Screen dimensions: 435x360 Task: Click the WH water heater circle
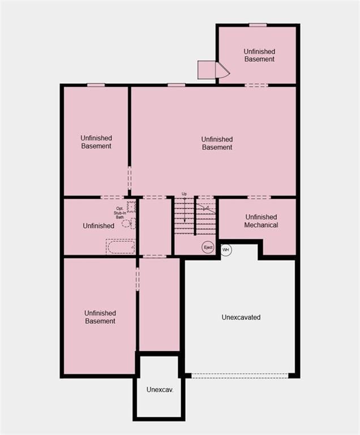(x=226, y=250)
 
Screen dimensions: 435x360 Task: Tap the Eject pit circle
(x=208, y=247)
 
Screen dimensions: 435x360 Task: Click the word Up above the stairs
(x=184, y=194)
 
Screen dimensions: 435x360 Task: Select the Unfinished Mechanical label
(x=261, y=221)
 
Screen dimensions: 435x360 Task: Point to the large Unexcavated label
(x=241, y=317)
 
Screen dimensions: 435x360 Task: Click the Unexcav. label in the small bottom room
(x=159, y=390)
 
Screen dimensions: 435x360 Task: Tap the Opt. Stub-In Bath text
(x=119, y=212)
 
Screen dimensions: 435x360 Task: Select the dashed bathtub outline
(x=121, y=246)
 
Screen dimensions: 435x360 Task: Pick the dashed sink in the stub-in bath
(x=131, y=207)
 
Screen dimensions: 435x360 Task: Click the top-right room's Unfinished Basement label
(x=259, y=55)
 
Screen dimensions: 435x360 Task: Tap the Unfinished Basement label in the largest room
(x=217, y=143)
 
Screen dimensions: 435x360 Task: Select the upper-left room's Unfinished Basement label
(x=96, y=142)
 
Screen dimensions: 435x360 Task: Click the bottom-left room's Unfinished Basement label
(x=100, y=317)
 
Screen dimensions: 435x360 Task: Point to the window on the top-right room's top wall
(x=258, y=25)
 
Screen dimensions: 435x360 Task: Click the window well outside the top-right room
(x=213, y=70)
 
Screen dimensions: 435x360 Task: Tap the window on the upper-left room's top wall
(x=96, y=85)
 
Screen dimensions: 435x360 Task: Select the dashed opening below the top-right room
(x=256, y=85)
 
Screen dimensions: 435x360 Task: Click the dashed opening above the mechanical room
(x=259, y=197)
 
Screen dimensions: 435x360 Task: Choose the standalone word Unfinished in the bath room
(x=98, y=226)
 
